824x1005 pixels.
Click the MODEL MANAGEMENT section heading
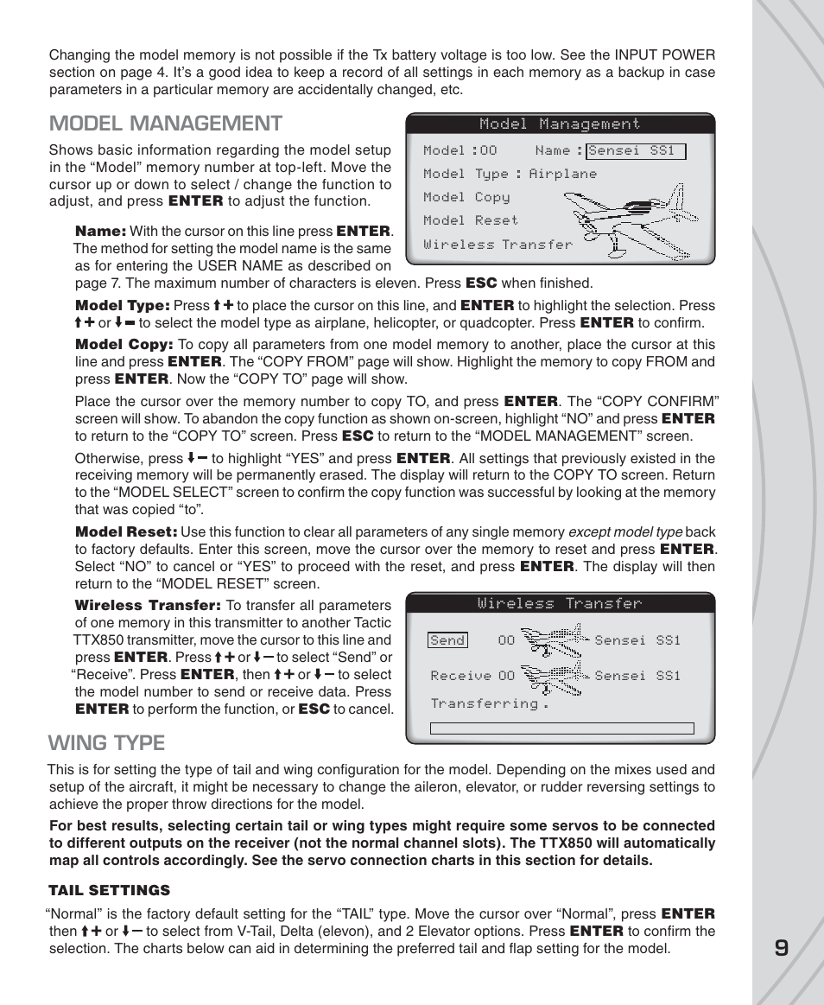[x=165, y=124]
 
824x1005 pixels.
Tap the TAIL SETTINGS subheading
[x=109, y=890]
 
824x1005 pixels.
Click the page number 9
[x=781, y=949]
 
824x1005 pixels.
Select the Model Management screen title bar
[x=560, y=124]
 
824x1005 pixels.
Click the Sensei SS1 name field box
[x=636, y=151]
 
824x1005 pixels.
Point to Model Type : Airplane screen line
[x=510, y=174]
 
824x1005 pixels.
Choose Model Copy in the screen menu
[x=466, y=197]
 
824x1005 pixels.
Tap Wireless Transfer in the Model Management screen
[x=498, y=245]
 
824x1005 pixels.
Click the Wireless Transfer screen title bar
[x=560, y=603]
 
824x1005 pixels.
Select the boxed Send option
[x=447, y=640]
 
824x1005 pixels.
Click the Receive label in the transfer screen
[x=460, y=676]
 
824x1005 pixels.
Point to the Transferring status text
[x=489, y=703]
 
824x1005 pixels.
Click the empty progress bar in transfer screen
[x=561, y=728]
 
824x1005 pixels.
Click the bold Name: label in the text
[x=101, y=232]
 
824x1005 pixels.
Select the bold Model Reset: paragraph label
[x=126, y=532]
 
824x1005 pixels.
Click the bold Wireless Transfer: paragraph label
[x=148, y=606]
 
